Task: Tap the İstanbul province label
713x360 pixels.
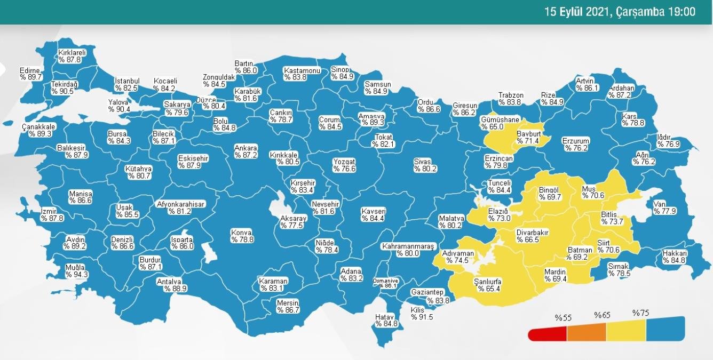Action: coord(127,81)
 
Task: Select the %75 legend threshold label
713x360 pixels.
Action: coord(640,313)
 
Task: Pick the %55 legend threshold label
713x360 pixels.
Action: coord(563,318)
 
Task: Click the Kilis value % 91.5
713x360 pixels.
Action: coord(422,317)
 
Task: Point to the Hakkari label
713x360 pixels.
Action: coord(674,253)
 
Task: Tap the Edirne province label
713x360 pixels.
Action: coord(30,70)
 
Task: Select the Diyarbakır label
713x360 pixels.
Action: coord(532,233)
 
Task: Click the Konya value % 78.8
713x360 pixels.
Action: coord(242,239)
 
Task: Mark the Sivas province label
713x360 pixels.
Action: coord(425,162)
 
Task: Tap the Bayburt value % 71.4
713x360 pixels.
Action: coord(528,141)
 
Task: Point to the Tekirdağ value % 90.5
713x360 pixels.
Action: coord(63,91)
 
